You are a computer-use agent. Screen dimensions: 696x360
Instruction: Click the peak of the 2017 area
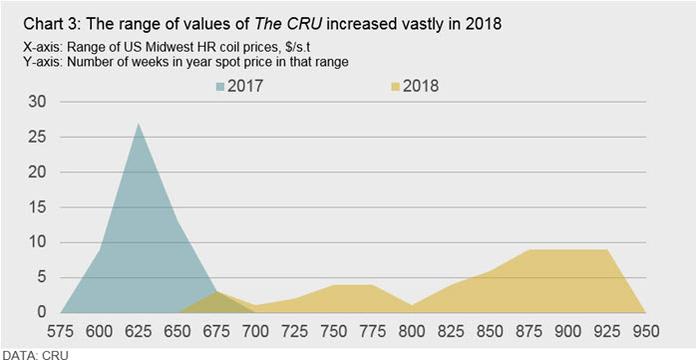pos(139,124)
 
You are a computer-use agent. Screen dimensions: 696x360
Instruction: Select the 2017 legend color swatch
pos(220,87)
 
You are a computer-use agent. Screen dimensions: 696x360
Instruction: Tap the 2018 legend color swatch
pos(396,87)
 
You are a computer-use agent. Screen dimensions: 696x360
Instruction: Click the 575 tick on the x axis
pos(61,331)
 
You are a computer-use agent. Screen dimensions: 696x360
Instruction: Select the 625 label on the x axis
pos(139,331)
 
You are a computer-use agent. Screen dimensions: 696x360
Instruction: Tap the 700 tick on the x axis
pos(255,331)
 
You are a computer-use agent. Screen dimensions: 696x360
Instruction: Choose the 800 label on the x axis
pos(412,331)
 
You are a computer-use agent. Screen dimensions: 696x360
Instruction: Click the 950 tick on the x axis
pos(646,331)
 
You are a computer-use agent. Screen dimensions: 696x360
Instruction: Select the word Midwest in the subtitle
pos(160,48)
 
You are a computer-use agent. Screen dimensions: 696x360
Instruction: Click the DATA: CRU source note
pos(34,355)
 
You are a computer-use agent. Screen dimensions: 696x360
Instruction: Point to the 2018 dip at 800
pos(412,305)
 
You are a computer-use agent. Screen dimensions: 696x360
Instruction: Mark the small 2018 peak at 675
pos(216,292)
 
